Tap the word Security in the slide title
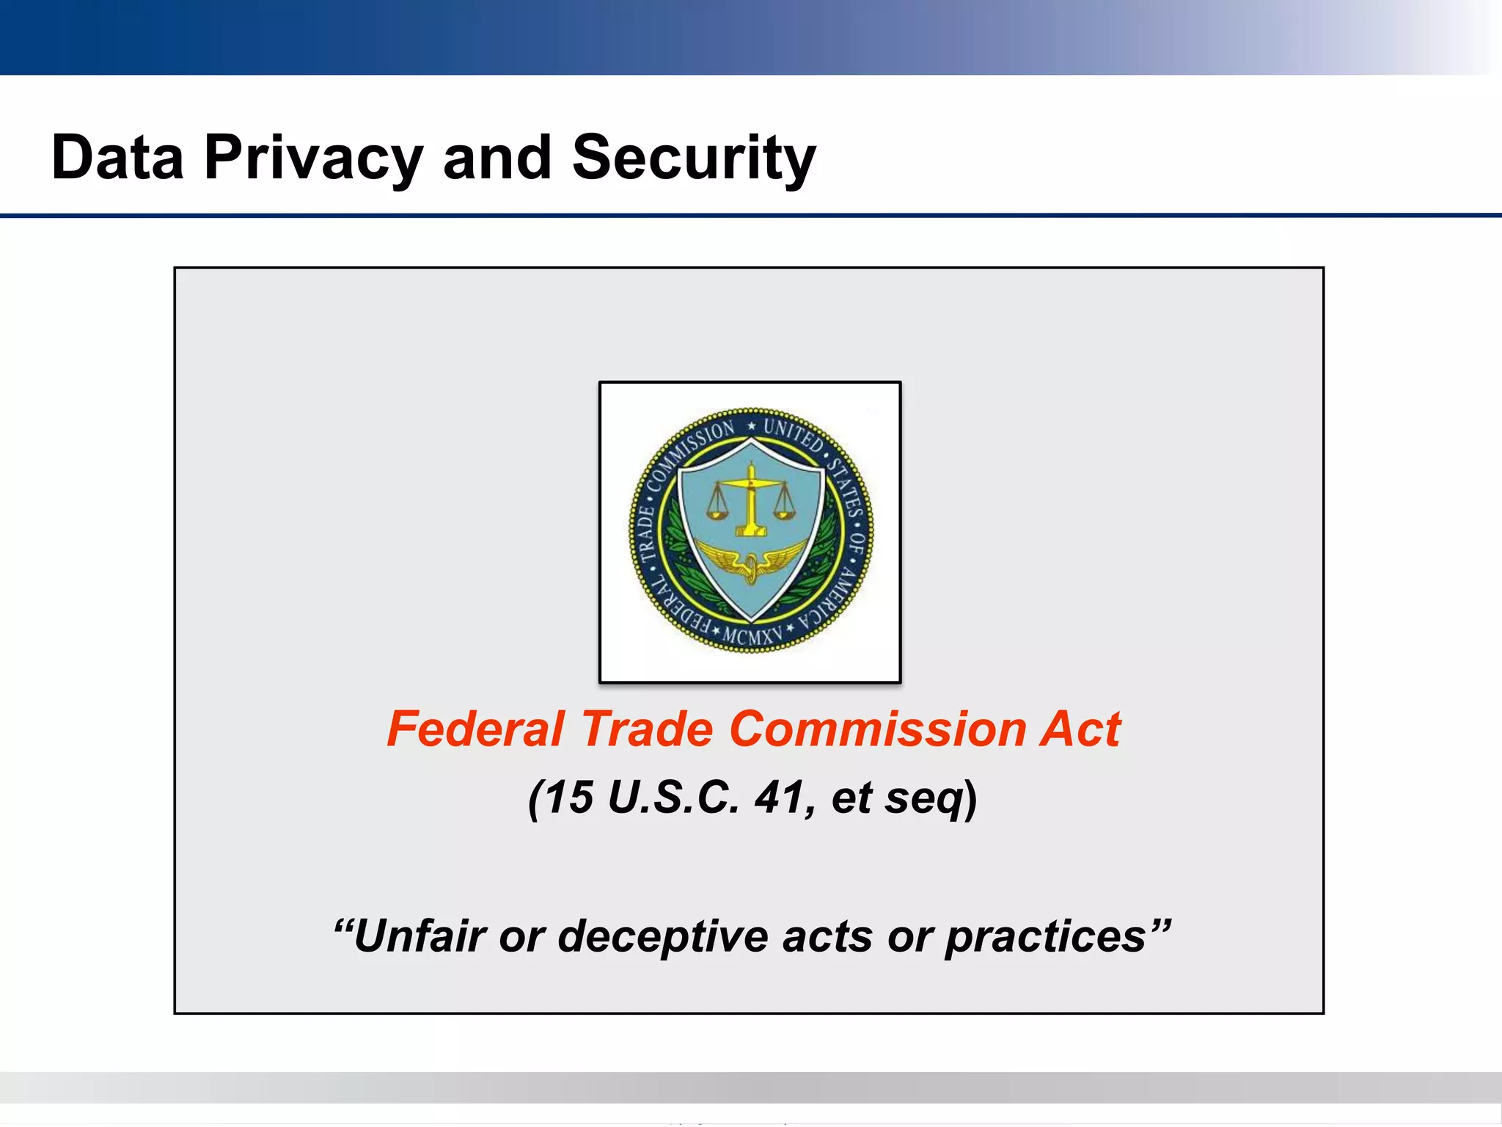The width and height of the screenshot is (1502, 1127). [x=693, y=158]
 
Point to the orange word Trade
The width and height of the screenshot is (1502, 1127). [x=647, y=729]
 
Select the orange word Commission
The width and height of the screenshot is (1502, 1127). [x=877, y=729]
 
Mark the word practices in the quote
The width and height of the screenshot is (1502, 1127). [x=1045, y=938]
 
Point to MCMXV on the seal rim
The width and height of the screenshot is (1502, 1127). [x=751, y=636]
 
